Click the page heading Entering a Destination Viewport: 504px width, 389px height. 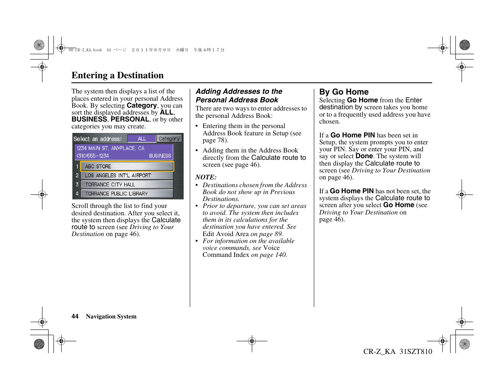118,75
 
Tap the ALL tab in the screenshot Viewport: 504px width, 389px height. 142,139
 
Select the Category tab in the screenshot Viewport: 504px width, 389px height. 169,139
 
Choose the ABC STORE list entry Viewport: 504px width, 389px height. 127,166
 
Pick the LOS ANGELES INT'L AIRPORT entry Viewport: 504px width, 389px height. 127,175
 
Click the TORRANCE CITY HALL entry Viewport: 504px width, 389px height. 127,185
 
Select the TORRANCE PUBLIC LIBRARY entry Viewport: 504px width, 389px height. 127,194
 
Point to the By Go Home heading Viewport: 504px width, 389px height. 344,92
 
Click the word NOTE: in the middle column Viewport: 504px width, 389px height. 206,177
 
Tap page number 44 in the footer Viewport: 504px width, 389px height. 75,316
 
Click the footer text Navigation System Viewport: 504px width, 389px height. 111,316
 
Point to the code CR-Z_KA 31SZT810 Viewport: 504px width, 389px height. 397,351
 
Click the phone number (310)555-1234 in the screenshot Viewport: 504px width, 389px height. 93,156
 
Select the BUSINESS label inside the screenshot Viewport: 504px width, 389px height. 160,156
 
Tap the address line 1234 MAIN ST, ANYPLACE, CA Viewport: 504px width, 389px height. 110,148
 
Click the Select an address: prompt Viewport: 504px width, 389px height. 98,139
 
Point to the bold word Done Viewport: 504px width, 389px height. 364,156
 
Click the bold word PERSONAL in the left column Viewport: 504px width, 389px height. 130,119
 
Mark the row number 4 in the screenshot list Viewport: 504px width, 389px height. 77,194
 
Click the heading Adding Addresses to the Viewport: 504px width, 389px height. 239,92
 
